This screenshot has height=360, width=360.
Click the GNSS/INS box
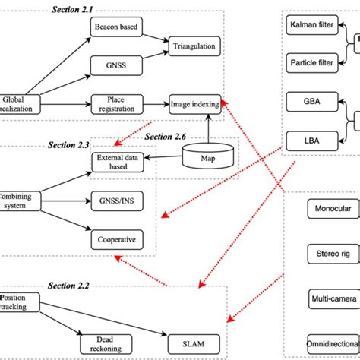tap(117, 202)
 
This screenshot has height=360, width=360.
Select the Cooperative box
tap(117, 239)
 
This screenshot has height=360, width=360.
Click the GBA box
tap(311, 100)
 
